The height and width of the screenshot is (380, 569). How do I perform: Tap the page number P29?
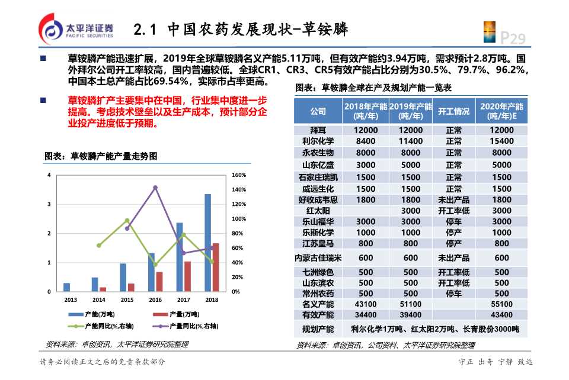pos(513,39)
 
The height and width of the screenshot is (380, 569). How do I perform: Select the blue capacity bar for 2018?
pos(207,243)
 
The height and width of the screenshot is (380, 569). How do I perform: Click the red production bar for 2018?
pos(216,267)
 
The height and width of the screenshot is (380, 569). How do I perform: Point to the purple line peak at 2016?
pos(155,188)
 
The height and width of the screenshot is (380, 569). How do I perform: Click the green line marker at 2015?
pos(127,220)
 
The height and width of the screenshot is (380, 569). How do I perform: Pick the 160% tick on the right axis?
pos(239,175)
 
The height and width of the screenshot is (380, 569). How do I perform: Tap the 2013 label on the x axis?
pos(71,300)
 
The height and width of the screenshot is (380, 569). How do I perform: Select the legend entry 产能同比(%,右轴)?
pos(101,326)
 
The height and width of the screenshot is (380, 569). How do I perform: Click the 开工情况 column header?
pos(453,111)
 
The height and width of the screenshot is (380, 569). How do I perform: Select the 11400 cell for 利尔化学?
pos(411,141)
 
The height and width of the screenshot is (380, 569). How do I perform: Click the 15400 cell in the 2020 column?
pos(501,141)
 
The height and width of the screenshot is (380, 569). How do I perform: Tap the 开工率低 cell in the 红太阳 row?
pos(453,211)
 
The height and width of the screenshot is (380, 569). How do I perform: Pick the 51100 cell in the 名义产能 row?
pos(411,304)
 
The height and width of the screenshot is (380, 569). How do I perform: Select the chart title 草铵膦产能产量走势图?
pos(101,156)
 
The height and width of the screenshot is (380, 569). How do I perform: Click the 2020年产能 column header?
pos(501,111)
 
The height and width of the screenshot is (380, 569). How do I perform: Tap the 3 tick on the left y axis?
pos(49,204)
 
